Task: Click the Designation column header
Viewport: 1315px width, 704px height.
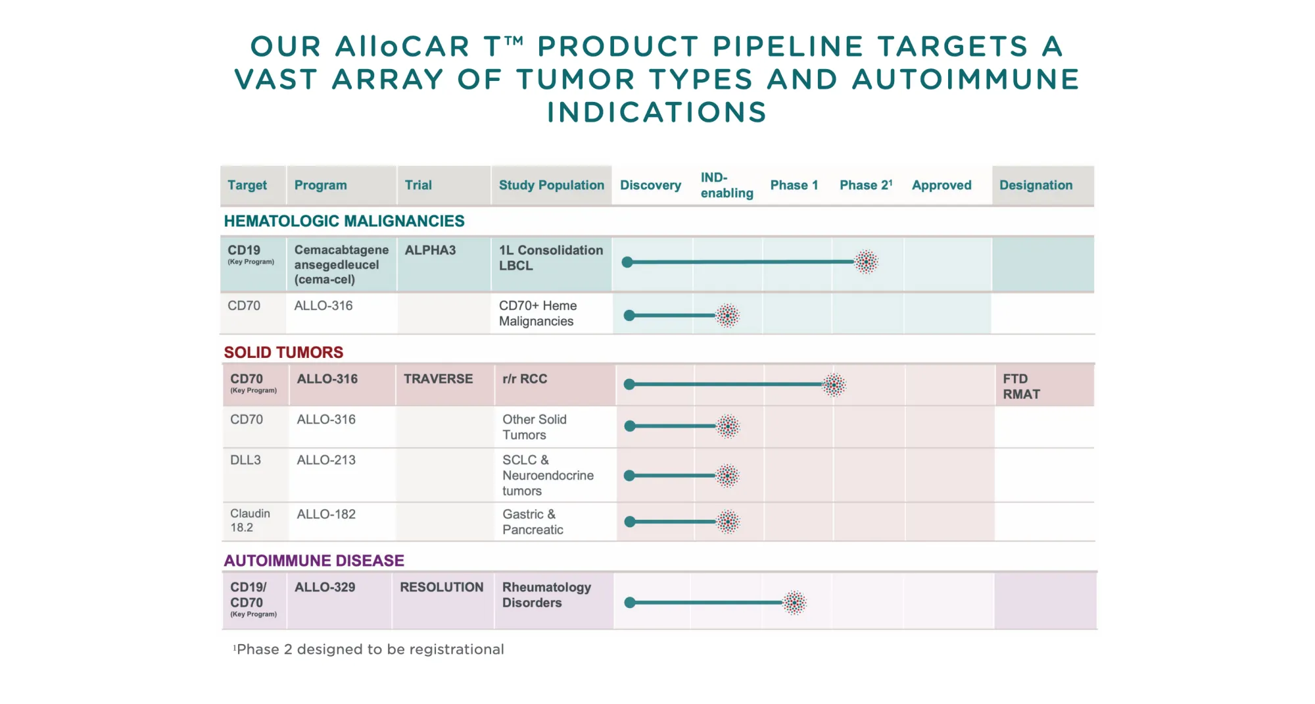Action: (x=1036, y=186)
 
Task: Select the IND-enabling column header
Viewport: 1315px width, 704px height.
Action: (x=726, y=186)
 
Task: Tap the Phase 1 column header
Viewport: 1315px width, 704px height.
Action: (x=794, y=186)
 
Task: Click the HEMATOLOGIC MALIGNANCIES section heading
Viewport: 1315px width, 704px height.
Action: (x=344, y=221)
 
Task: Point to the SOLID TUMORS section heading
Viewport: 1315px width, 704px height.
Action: (x=283, y=353)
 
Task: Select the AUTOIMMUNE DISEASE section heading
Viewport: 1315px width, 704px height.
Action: (x=314, y=561)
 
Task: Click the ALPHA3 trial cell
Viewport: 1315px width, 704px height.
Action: (x=430, y=251)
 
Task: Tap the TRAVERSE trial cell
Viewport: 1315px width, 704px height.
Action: (x=438, y=379)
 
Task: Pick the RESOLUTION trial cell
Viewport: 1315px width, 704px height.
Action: (x=441, y=588)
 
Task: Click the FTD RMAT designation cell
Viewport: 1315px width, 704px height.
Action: (x=1021, y=387)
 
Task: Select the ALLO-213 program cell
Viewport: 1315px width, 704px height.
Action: (x=326, y=461)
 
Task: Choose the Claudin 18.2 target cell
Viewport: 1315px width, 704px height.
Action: (x=250, y=520)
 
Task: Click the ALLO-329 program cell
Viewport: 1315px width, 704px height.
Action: (x=325, y=588)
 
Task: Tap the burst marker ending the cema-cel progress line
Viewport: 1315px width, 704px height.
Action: (x=866, y=262)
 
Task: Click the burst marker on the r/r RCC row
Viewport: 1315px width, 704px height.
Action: (x=834, y=385)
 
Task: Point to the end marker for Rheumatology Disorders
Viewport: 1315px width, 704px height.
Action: (x=794, y=603)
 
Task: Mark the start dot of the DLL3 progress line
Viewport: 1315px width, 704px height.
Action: (x=630, y=476)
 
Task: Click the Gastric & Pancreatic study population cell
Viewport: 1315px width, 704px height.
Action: (x=533, y=522)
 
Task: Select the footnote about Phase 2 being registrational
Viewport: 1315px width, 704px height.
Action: (x=369, y=649)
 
